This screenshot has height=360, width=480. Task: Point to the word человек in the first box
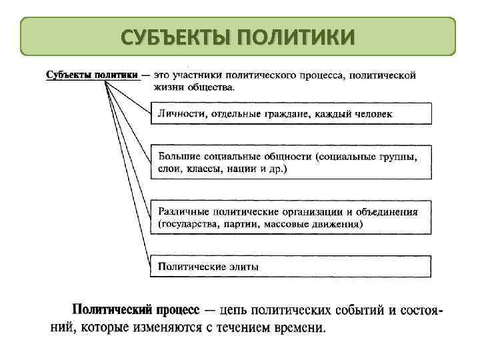(370, 114)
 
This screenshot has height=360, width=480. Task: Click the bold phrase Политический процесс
(135, 311)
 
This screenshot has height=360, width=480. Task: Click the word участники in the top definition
(207, 75)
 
